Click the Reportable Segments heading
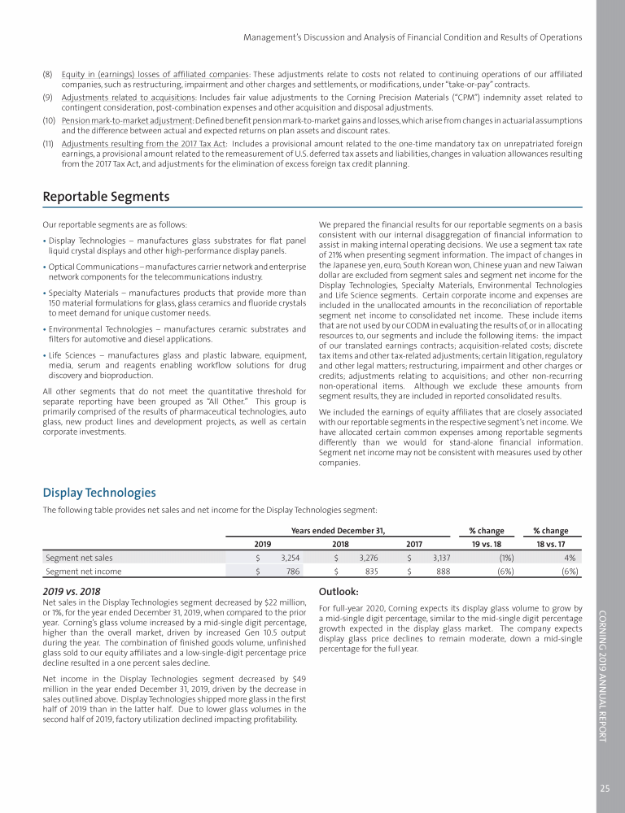106,197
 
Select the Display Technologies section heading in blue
98,493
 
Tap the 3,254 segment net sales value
289,558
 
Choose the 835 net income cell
373,572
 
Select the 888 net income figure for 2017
444,572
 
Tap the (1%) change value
505,558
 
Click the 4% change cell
570,558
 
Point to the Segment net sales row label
79,558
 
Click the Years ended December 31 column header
338,531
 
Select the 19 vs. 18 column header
487,544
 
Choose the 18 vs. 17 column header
549,544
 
